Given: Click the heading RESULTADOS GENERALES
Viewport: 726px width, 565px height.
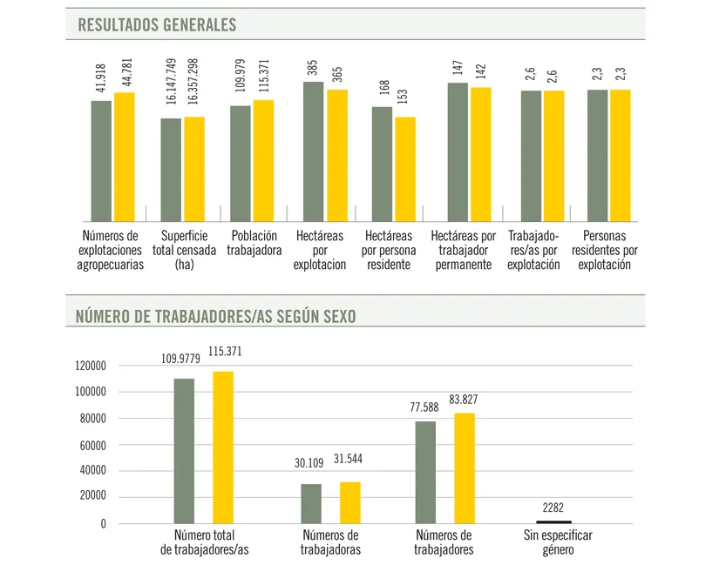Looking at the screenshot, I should pyautogui.click(x=157, y=25).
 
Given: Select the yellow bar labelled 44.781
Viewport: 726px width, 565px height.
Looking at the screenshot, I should pyautogui.click(x=125, y=157).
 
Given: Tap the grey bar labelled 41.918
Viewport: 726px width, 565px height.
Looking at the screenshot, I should pyautogui.click(x=101, y=161).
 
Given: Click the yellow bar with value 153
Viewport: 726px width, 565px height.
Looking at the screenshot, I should pyautogui.click(x=405, y=169).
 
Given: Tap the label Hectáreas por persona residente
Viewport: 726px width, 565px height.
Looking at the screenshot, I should pyautogui.click(x=389, y=250).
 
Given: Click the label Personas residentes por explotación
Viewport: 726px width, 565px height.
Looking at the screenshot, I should pyautogui.click(x=605, y=250).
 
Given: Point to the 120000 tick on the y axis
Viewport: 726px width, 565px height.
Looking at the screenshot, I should pyautogui.click(x=90, y=367).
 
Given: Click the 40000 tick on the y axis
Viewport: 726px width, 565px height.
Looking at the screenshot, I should pyautogui.click(x=93, y=472).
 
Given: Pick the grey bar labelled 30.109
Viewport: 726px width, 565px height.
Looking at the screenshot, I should pyautogui.click(x=311, y=504).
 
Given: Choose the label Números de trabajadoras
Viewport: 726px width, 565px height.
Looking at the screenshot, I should pyautogui.click(x=330, y=542).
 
